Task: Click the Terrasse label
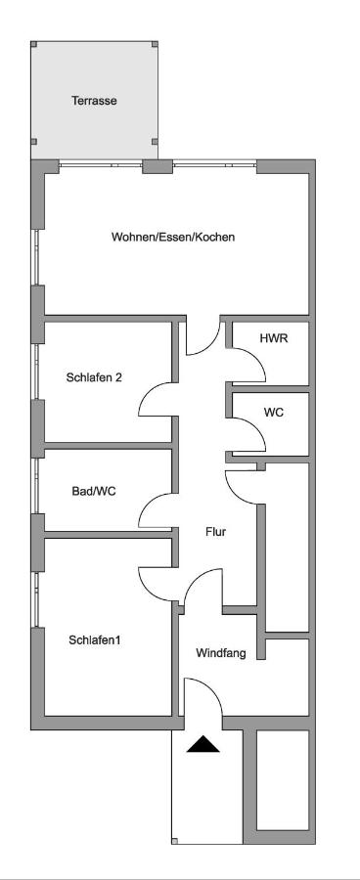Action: point(94,101)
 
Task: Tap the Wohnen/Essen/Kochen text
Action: point(173,237)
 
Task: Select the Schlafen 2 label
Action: point(94,377)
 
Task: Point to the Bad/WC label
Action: point(94,492)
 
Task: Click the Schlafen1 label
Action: point(94,639)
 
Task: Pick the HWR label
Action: point(271,338)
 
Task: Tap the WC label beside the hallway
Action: point(274,413)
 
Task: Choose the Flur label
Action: point(215,531)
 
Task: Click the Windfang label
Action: point(221,653)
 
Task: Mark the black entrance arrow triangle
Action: point(203,745)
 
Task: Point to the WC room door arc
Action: point(256,426)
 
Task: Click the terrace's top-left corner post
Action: point(33,44)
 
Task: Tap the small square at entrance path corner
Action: point(175,841)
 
